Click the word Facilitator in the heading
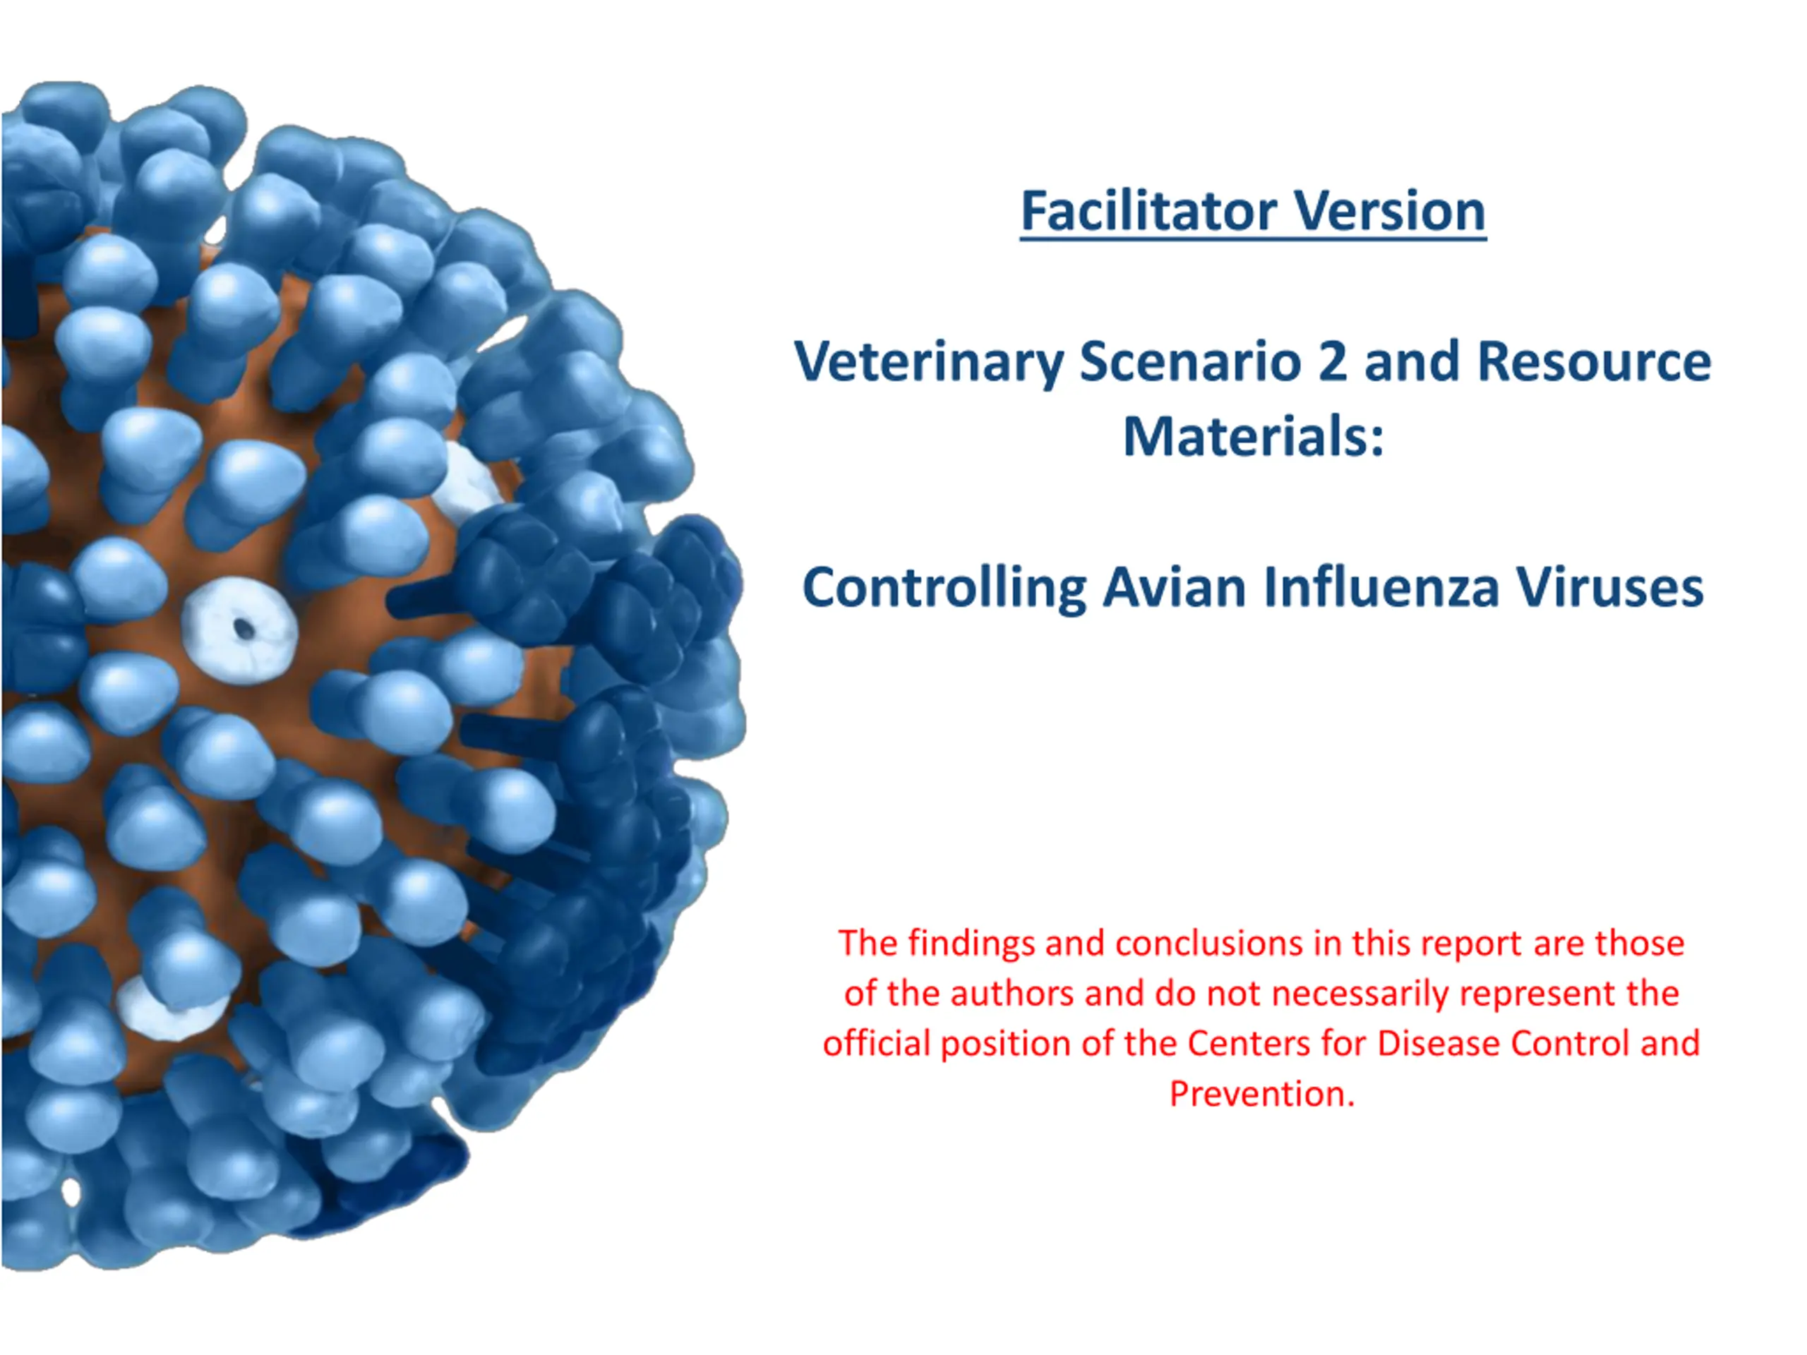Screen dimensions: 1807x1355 coord(1148,211)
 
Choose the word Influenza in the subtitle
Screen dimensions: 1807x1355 coord(1381,587)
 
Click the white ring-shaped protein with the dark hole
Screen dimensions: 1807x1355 coord(239,630)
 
